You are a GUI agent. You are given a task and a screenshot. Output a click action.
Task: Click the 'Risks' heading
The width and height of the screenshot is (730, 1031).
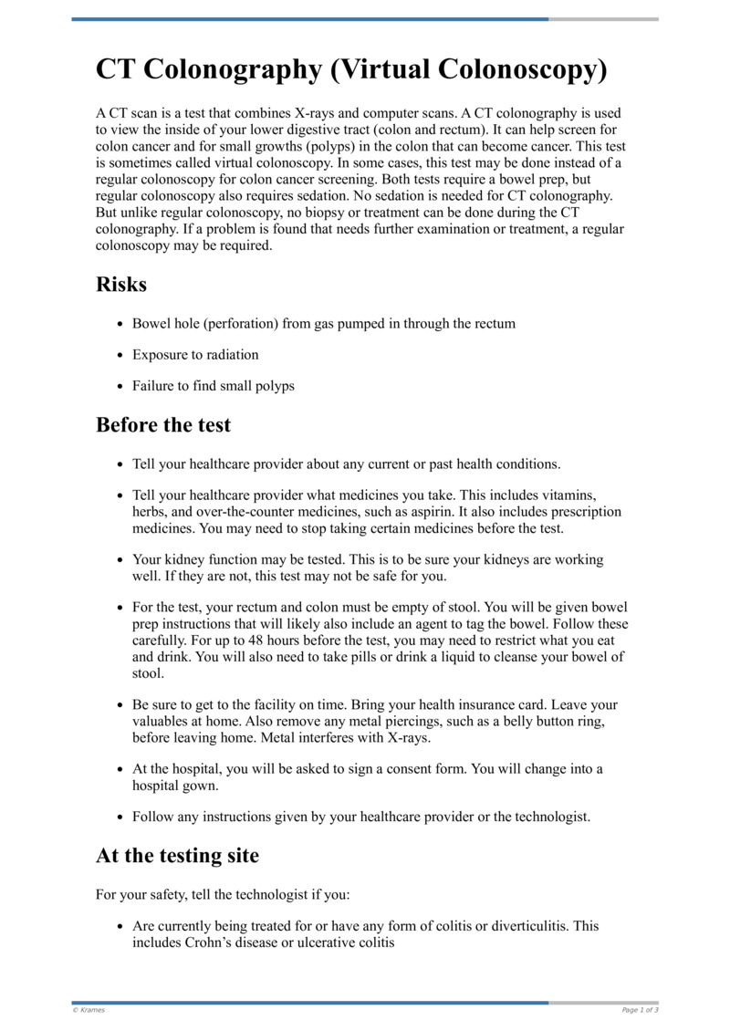(x=121, y=284)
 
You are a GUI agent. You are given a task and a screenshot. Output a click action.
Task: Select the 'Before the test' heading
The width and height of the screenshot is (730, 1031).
(x=163, y=425)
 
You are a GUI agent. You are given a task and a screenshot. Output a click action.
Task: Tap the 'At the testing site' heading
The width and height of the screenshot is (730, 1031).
(x=177, y=856)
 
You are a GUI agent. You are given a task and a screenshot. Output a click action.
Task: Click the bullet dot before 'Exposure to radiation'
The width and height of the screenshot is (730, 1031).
(x=121, y=355)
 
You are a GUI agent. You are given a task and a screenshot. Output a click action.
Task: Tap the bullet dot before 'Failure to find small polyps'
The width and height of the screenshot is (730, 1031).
(x=121, y=386)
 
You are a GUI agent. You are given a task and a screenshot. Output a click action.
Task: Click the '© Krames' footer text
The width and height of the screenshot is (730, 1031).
(x=89, y=1010)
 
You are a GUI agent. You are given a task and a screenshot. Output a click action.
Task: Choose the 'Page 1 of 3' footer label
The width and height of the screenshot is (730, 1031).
(x=640, y=1010)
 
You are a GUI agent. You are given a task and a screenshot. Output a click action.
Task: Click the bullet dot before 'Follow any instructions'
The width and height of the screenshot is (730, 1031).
(x=121, y=818)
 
